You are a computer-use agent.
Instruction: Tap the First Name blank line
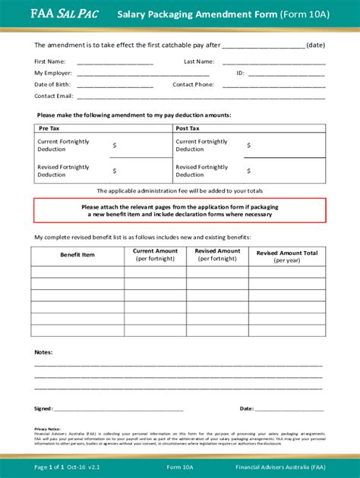pyautogui.click(x=115, y=62)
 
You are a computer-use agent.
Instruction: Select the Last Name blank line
pyautogui.click(x=275, y=62)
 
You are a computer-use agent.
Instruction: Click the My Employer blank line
pyautogui.click(x=143, y=74)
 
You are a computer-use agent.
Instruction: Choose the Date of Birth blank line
pyautogui.click(x=115, y=86)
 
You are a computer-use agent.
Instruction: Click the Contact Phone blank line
pyautogui.click(x=275, y=86)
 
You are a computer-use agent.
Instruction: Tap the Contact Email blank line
pyautogui.click(x=201, y=97)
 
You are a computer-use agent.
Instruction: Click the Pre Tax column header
pyautogui.click(x=49, y=129)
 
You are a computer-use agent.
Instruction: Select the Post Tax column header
pyautogui.click(x=188, y=129)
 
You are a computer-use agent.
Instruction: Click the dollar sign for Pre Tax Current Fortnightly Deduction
pyautogui.click(x=115, y=146)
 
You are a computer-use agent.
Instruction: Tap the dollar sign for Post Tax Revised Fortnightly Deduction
pyautogui.click(x=248, y=171)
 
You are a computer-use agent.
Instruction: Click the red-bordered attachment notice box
pyautogui.click(x=180, y=210)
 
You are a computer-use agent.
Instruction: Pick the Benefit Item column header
pyautogui.click(x=77, y=255)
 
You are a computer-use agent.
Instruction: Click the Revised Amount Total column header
pyautogui.click(x=286, y=256)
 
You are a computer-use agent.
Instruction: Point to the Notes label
pyautogui.click(x=43, y=352)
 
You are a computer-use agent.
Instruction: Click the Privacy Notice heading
pyautogui.click(x=48, y=429)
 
